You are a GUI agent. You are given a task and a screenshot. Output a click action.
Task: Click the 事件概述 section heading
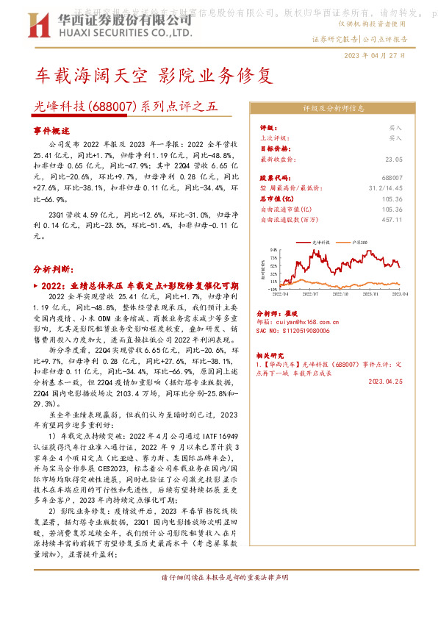point(51,129)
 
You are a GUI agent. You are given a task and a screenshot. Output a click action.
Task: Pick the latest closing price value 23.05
point(394,159)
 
